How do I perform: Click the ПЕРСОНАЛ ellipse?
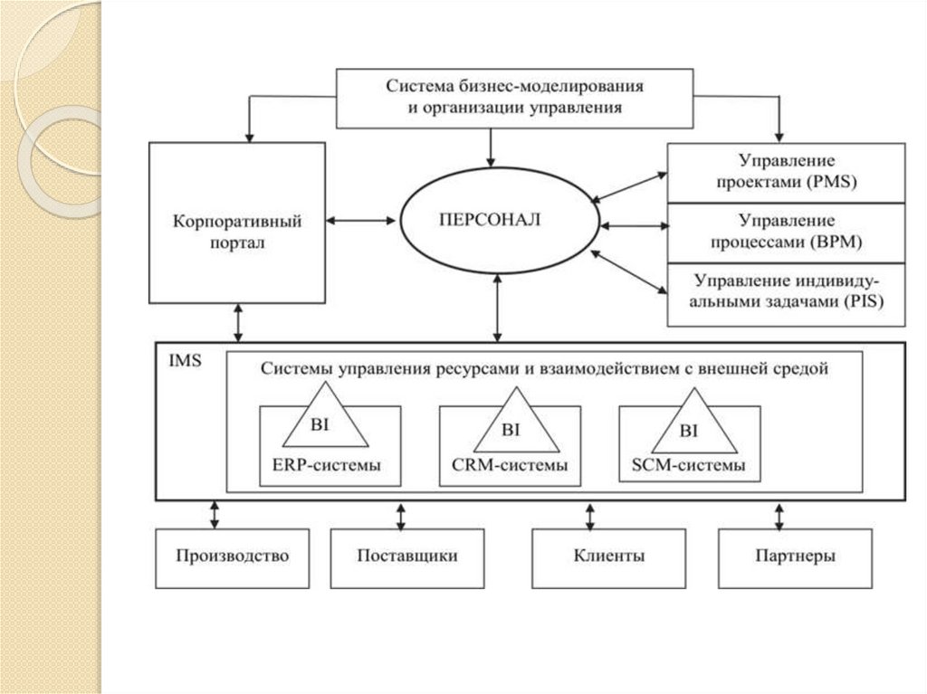[x=495, y=220]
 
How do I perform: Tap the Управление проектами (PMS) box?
[x=786, y=172]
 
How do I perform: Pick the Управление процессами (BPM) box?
[x=786, y=232]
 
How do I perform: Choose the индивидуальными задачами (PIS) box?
[x=786, y=293]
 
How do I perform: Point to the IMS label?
[x=186, y=359]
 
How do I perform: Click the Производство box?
[x=233, y=556]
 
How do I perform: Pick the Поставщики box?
[x=406, y=556]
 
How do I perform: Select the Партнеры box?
[x=795, y=556]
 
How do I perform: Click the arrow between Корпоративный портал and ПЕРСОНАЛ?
[x=362, y=220]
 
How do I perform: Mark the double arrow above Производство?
[x=214, y=515]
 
